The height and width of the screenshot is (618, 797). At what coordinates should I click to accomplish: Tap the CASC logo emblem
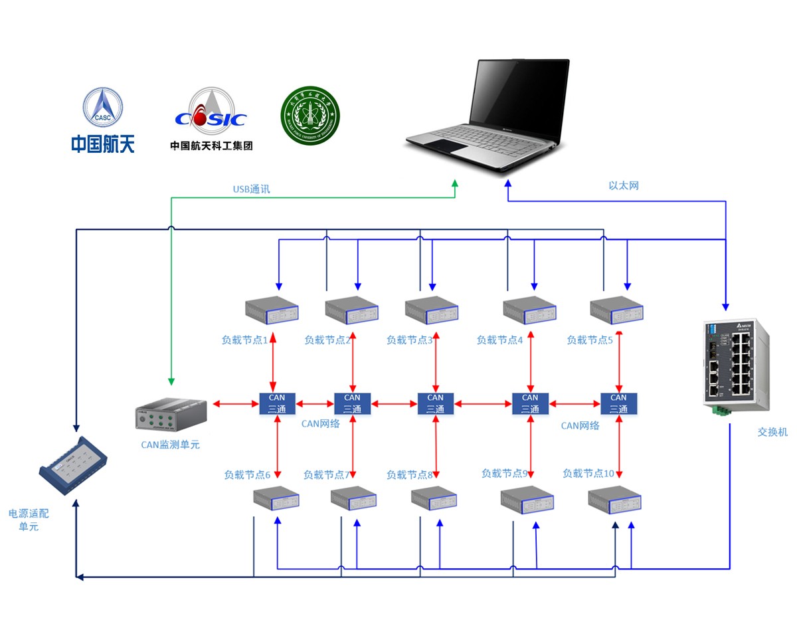(102, 106)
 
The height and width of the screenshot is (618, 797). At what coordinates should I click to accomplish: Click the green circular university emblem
(310, 114)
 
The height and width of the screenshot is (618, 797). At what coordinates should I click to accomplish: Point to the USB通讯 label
(251, 189)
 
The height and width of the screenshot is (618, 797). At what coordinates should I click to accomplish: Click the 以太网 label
(624, 185)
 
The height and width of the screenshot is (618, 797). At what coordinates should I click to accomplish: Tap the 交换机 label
(772, 431)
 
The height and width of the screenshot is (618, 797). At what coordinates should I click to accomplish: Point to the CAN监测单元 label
(170, 445)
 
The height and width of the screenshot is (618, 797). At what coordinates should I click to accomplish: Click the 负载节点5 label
(590, 340)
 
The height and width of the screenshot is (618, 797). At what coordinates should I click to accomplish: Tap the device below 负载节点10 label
(614, 500)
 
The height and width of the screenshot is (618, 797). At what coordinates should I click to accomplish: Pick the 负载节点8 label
(410, 475)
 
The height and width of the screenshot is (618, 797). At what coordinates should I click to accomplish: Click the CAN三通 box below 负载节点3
(435, 403)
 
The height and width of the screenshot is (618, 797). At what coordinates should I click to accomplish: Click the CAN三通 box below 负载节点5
(618, 403)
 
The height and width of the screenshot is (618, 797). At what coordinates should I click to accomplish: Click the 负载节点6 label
(247, 475)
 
